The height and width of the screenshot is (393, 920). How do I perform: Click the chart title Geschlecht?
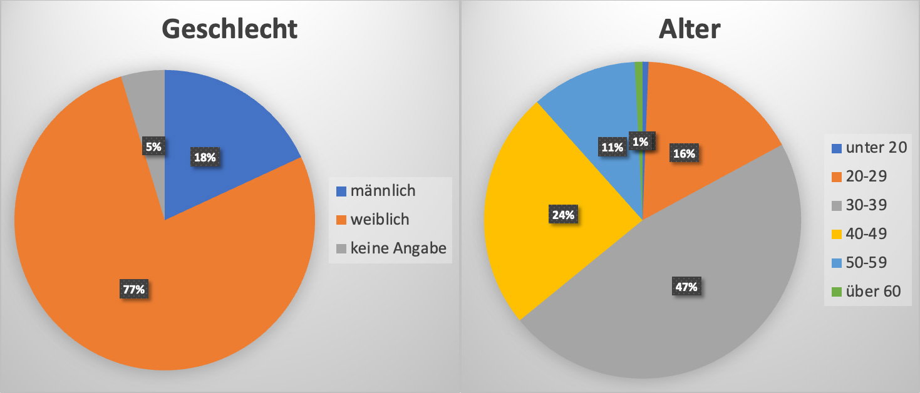pyautogui.click(x=229, y=29)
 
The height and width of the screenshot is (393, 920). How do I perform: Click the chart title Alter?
pyautogui.click(x=690, y=29)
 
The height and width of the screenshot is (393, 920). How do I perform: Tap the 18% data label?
pyautogui.click(x=205, y=157)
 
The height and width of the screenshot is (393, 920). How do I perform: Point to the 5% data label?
pyautogui.click(x=154, y=147)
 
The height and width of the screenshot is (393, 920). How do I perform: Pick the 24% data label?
pyautogui.click(x=564, y=215)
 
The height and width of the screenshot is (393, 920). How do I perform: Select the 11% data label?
pyautogui.click(x=612, y=148)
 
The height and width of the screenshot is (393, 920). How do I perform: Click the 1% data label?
pyautogui.click(x=640, y=141)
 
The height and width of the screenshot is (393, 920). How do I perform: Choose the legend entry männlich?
pyautogui.click(x=382, y=190)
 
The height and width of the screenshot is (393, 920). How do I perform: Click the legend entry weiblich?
pyautogui.click(x=380, y=220)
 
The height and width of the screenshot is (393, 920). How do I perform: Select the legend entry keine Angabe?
pyautogui.click(x=398, y=248)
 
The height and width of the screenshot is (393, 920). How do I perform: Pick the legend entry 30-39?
pyautogui.click(x=867, y=205)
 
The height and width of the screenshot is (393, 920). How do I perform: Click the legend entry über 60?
pyautogui.click(x=873, y=291)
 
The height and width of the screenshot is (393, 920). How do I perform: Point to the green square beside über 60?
pyautogui.click(x=837, y=292)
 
